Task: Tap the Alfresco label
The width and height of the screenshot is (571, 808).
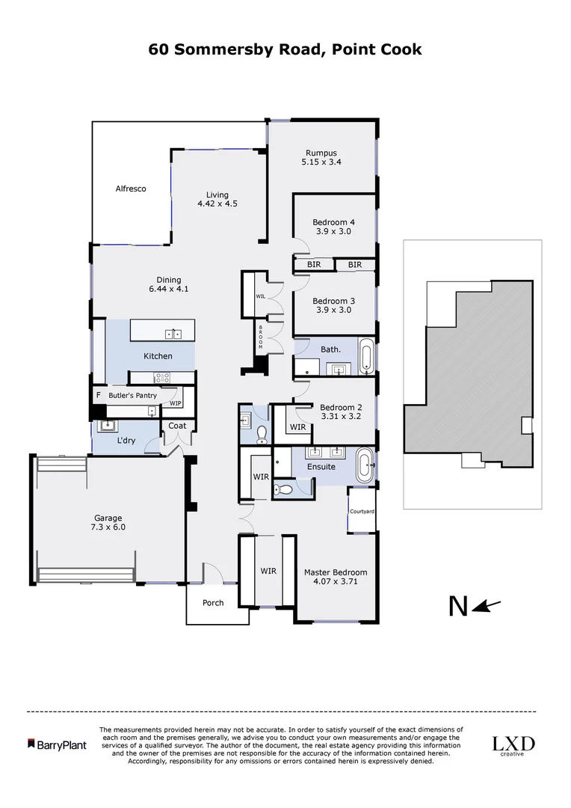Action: pos(131,189)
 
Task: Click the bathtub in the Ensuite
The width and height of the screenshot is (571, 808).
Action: pos(365,465)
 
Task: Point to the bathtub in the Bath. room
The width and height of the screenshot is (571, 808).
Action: pos(365,358)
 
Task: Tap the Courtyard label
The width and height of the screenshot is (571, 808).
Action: pos(362,511)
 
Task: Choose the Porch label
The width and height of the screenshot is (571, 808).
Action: pos(213,603)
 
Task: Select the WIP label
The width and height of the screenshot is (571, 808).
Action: pos(176,403)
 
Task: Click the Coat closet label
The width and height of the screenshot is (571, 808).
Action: pos(177,426)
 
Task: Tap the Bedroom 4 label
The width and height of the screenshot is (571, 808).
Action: pos(333,222)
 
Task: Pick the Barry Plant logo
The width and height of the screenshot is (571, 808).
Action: pos(57,744)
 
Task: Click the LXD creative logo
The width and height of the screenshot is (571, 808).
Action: pos(513,745)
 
